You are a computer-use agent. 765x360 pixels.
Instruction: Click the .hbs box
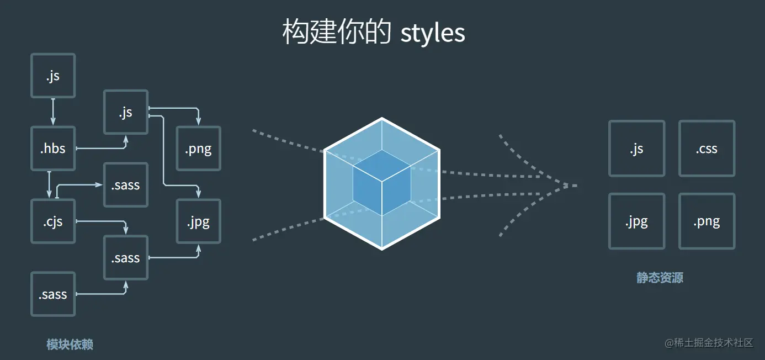(x=52, y=149)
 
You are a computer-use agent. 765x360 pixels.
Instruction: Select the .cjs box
(x=52, y=221)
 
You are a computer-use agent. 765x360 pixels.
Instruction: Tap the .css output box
(x=706, y=149)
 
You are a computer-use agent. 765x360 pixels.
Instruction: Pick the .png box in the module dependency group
(x=198, y=149)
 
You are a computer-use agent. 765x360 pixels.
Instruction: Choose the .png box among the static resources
(x=706, y=221)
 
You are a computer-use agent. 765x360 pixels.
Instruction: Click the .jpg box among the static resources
(x=636, y=221)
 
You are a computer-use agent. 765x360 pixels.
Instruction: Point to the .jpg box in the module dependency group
(x=198, y=221)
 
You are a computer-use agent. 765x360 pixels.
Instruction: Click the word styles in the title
(x=433, y=33)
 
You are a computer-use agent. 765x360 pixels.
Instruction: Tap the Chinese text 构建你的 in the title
(x=337, y=33)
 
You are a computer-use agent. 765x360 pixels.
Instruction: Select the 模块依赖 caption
(x=70, y=345)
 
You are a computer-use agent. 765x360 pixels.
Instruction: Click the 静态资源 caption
(x=660, y=277)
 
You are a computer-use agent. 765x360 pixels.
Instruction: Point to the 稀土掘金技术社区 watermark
(x=709, y=343)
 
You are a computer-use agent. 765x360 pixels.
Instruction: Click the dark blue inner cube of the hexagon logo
(x=381, y=184)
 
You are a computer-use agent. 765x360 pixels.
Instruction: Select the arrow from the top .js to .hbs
(x=53, y=112)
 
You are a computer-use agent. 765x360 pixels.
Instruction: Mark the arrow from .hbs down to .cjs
(x=49, y=185)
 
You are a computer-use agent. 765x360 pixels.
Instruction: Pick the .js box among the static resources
(x=636, y=149)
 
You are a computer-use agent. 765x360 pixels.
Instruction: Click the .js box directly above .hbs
(x=52, y=76)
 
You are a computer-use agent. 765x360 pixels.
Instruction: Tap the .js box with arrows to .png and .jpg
(x=126, y=112)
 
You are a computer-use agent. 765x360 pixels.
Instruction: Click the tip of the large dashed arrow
(x=575, y=186)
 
